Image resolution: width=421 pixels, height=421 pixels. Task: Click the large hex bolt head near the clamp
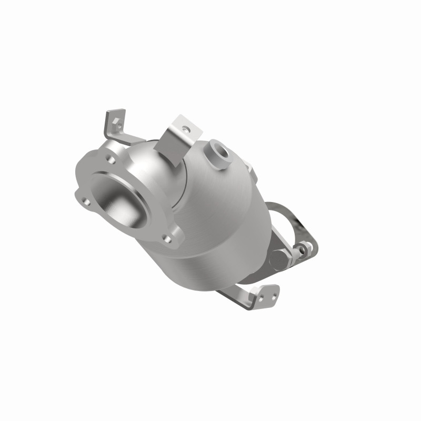(x=279, y=258)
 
